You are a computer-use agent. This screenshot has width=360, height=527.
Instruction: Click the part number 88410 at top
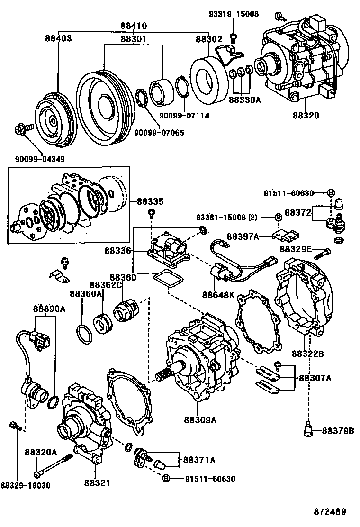point(134,26)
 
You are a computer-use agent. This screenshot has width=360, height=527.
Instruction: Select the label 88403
point(59,38)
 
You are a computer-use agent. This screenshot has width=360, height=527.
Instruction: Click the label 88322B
point(307,354)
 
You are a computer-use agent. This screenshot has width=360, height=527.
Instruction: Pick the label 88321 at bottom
point(97,483)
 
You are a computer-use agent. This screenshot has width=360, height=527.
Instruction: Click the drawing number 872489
point(330,512)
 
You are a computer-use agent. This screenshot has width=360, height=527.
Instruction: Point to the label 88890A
point(49,309)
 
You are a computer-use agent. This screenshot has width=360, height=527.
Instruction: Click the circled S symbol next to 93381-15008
point(279,218)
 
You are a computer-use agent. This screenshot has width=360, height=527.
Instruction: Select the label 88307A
point(315,378)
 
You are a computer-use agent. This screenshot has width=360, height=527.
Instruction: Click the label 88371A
point(199,460)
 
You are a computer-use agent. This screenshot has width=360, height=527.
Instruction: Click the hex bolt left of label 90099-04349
point(22,128)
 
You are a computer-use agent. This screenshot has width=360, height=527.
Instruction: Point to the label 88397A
point(243,236)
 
